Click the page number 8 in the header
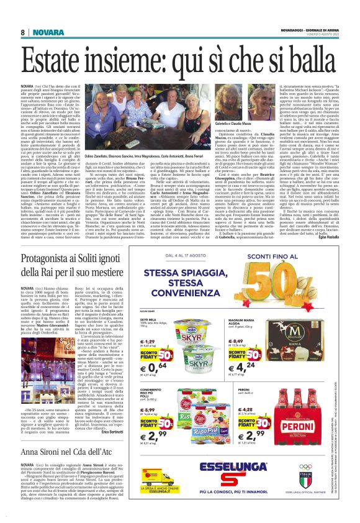pyautogui.click(x=22, y=32)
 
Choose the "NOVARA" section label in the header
pyautogui.click(x=44, y=32)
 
